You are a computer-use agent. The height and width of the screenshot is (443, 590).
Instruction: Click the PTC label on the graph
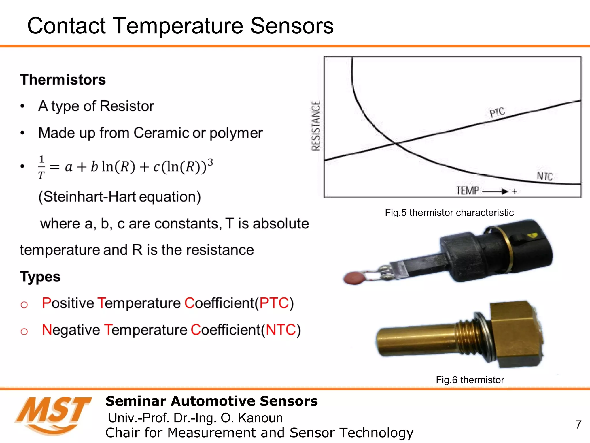[x=497, y=112]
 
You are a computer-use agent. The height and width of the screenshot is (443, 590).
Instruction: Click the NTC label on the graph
[x=545, y=176]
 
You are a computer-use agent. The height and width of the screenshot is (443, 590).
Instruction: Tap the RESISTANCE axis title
[x=316, y=126]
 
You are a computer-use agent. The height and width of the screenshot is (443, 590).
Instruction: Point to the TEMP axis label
[x=468, y=191]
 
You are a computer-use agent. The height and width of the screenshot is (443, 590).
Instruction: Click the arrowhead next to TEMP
[x=504, y=191]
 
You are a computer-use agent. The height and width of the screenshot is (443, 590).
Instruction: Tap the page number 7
[x=578, y=425]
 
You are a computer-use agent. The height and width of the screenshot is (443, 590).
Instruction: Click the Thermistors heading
[x=63, y=80]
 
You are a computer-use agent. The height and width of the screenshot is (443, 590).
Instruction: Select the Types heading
[x=40, y=277]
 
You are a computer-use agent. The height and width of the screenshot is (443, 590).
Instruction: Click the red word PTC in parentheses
[x=274, y=303]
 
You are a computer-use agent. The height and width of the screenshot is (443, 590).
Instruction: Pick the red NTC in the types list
[x=281, y=330]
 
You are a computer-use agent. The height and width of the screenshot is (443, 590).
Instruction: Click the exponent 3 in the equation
[x=210, y=162]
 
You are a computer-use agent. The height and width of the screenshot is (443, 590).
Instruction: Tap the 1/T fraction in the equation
[x=41, y=167]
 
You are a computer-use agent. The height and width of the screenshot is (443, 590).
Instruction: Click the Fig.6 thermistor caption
[x=470, y=380]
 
